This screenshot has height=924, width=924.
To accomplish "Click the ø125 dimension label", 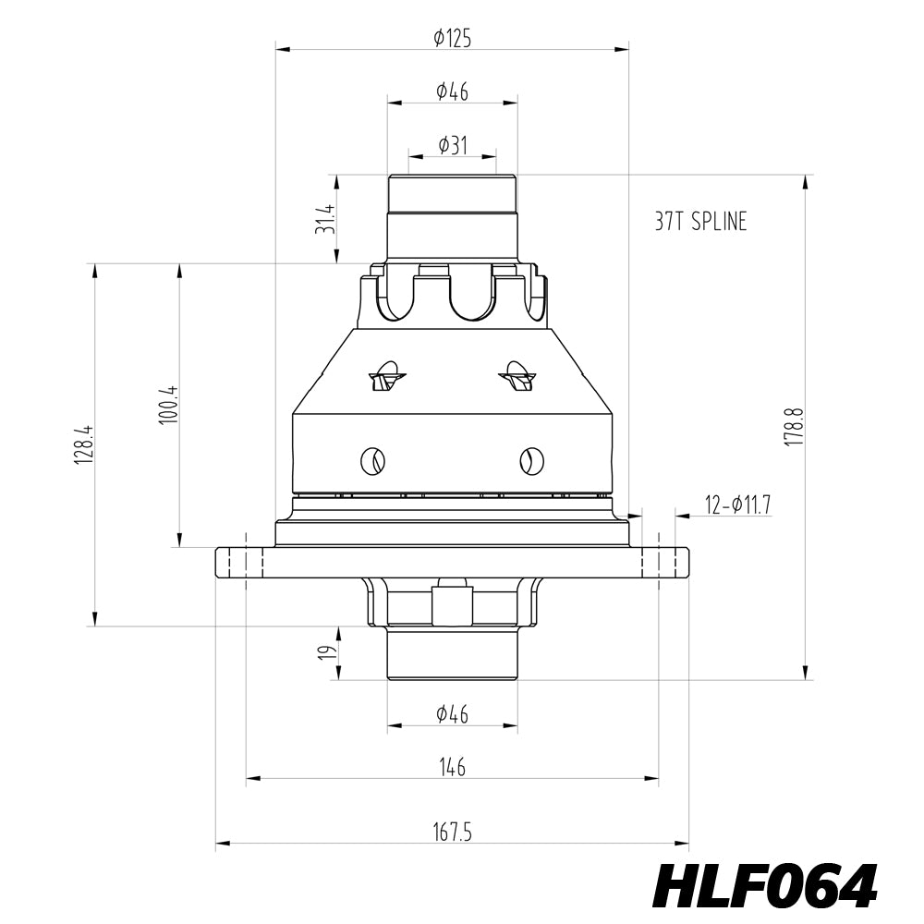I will (x=452, y=38).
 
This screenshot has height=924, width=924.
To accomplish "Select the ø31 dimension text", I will (x=452, y=145).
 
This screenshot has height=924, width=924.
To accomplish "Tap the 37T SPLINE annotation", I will (x=699, y=222).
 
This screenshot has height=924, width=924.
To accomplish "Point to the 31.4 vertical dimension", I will (x=324, y=218).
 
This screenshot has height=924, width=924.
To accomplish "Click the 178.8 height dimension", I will (x=793, y=427).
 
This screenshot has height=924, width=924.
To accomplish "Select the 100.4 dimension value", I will (x=166, y=405).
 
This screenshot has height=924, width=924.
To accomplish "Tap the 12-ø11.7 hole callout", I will (x=736, y=505).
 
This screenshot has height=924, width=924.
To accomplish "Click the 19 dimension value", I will (x=324, y=652).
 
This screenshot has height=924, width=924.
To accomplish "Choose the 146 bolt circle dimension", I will (x=452, y=767).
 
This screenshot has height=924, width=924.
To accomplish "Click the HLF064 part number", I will (x=764, y=887).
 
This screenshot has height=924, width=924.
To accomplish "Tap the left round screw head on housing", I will (x=373, y=459).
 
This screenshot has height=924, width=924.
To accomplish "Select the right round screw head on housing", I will (x=531, y=459).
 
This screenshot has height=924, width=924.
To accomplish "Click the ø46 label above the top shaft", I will (x=452, y=91).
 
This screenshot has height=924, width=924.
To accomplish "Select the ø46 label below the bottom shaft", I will (x=452, y=713).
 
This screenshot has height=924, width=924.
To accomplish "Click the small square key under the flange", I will (x=452, y=605).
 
